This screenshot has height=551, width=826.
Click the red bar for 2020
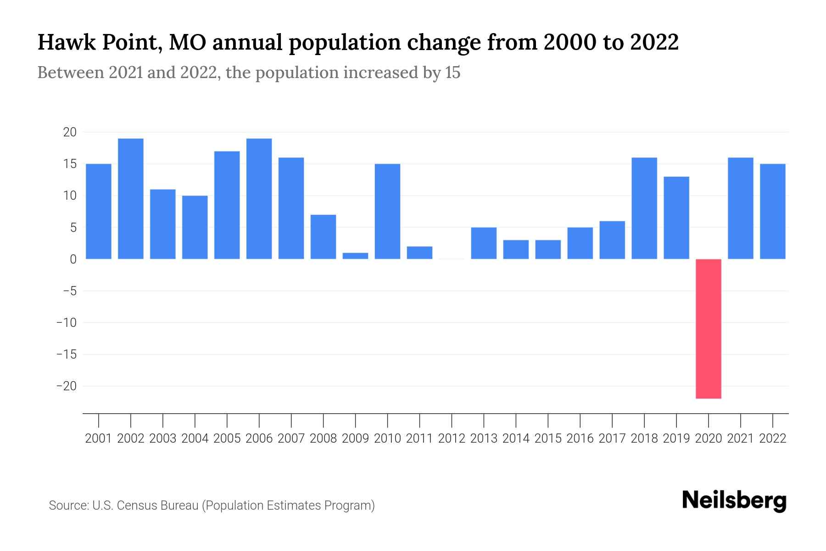point(709,328)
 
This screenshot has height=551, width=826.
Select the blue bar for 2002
point(131,199)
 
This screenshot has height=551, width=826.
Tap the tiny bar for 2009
point(355,256)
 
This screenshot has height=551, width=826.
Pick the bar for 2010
point(387,211)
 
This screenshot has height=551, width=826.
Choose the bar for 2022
point(773,211)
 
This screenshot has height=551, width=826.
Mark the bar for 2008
point(323,237)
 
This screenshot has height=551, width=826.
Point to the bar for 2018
point(644,208)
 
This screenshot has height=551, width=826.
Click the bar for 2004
point(195,227)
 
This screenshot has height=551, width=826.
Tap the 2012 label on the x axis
point(452,439)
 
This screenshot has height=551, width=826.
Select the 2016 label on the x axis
point(580,439)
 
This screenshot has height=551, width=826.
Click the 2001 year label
point(99,439)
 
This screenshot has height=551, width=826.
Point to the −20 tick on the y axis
point(66,386)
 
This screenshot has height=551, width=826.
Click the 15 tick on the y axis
point(70,164)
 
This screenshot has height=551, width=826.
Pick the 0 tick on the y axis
point(73,259)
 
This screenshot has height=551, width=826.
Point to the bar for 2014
point(516,249)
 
